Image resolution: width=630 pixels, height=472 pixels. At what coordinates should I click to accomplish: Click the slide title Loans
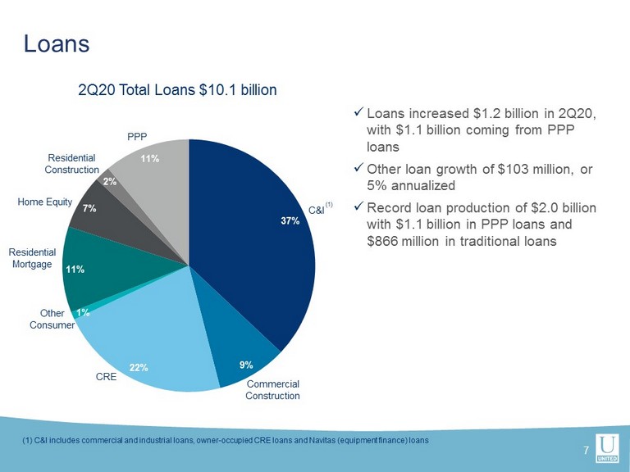coord(57,43)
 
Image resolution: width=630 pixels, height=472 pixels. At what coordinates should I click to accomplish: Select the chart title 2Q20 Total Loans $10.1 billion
coord(177,90)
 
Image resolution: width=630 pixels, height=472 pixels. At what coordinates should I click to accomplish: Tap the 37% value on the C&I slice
coord(290,220)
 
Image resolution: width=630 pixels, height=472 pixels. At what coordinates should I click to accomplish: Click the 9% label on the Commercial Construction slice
coord(246,365)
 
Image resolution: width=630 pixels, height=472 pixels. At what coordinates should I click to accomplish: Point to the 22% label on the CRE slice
coord(139,367)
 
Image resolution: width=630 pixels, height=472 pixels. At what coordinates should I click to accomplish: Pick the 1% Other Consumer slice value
coord(83,313)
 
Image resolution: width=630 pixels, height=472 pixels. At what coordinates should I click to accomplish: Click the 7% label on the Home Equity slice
coord(89,208)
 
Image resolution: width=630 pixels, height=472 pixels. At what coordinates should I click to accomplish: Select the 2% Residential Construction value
coord(109,181)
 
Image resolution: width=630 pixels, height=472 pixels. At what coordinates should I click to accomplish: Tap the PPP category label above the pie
coord(137,137)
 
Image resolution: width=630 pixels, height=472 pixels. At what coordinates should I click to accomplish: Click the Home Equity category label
coord(44,202)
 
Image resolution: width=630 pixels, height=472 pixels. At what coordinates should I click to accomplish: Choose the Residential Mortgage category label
coord(32,258)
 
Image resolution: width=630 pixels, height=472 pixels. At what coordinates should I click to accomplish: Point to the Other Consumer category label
coord(52,319)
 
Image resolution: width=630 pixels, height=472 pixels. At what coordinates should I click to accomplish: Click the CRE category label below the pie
coord(106,376)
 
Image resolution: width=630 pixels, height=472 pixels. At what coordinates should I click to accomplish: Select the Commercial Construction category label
coord(273,390)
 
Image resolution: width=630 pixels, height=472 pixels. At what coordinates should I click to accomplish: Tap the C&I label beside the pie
coord(316,210)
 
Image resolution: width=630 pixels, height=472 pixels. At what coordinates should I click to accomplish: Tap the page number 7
coord(587,450)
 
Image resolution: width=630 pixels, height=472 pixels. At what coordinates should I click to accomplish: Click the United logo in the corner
coord(608,448)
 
